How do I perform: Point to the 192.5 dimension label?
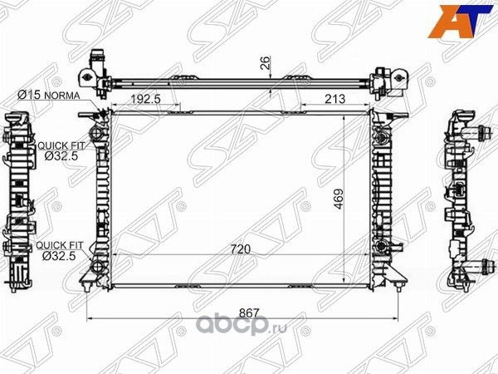tap(146, 100)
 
